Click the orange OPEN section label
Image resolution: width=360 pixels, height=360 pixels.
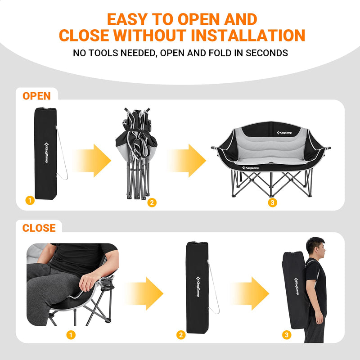pos(36,95)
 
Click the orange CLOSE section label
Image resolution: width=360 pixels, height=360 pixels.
pos(39,228)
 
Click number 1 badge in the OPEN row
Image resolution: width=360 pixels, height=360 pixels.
pos(30,201)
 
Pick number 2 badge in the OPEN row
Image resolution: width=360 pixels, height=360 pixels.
pos(152,202)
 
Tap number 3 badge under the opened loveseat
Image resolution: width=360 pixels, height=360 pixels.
pos(271,202)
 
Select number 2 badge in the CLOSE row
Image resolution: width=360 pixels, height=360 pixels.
pos(181,335)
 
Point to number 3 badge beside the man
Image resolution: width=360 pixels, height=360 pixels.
pos(287,335)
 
